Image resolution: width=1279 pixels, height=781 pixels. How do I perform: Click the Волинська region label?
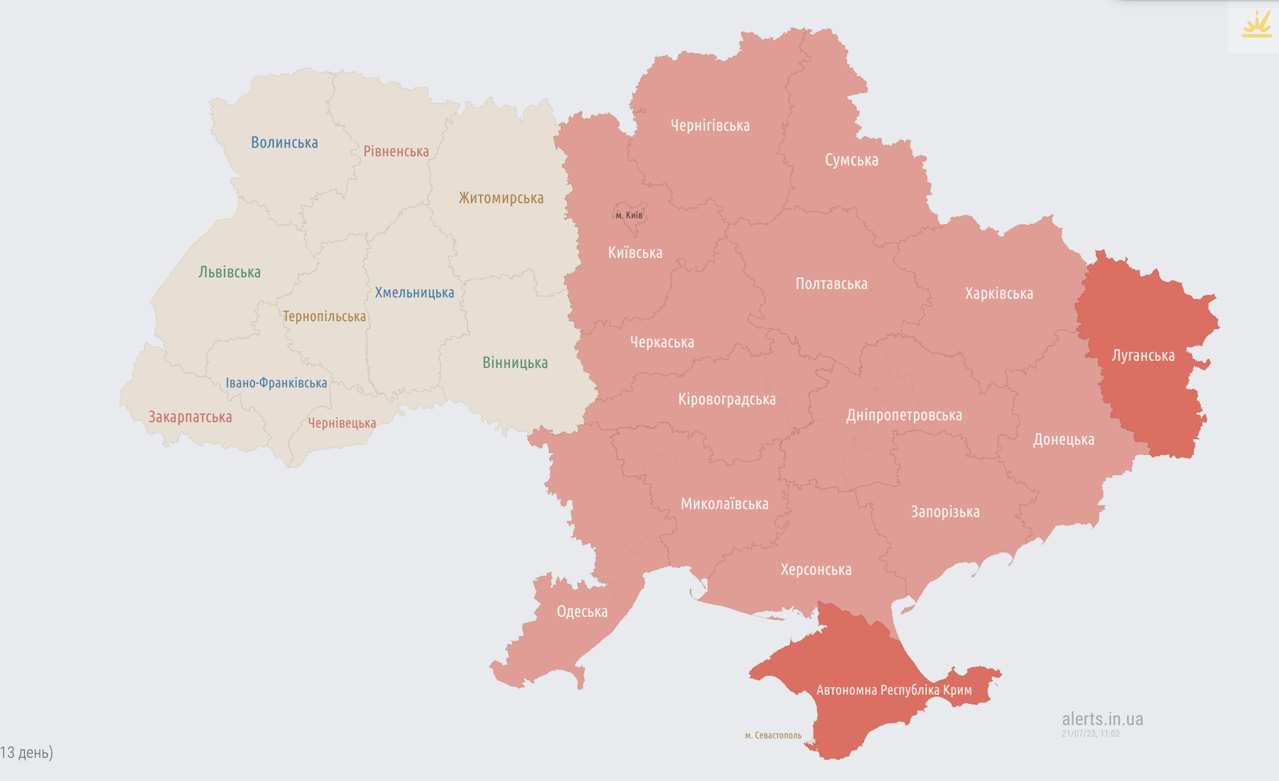tap(284, 143)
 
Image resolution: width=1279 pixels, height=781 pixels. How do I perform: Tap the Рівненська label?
tap(396, 151)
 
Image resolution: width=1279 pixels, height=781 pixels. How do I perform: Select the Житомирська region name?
tap(501, 198)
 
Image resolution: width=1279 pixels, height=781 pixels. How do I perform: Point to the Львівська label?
tap(229, 272)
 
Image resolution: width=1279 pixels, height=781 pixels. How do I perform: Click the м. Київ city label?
tap(629, 215)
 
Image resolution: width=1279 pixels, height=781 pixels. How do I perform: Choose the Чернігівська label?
tap(710, 126)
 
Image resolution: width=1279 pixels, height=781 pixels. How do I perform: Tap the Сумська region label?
tap(851, 161)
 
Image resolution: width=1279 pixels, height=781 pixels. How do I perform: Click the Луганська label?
tap(1143, 356)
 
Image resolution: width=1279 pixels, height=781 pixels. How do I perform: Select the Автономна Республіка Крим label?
tap(894, 690)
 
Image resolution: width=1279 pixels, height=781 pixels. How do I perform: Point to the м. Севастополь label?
tap(773, 735)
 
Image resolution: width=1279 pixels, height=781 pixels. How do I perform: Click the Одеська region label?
tap(582, 612)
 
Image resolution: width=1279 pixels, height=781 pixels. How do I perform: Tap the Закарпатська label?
tap(190, 417)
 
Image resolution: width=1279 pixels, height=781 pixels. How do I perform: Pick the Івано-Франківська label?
tap(276, 383)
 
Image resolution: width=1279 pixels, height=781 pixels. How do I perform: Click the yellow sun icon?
tap(1256, 25)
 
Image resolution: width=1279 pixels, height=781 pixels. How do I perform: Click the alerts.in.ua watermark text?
tap(1102, 719)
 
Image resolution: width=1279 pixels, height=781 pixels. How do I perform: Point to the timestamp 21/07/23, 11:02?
tap(1090, 734)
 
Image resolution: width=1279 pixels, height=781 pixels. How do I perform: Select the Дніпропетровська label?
tap(904, 415)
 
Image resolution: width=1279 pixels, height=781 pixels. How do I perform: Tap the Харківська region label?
tap(998, 294)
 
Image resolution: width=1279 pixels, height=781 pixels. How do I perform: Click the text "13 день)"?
tap(27, 752)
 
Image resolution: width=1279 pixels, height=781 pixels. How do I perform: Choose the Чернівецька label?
tap(342, 423)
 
